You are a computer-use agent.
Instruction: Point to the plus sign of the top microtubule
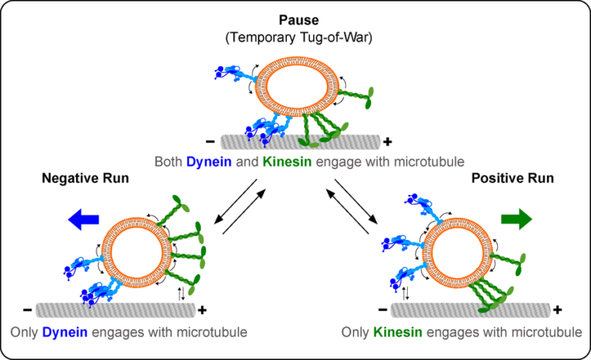coord(387,142)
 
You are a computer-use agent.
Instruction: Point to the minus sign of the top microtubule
coord(210,142)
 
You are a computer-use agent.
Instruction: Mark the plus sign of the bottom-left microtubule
coord(202,310)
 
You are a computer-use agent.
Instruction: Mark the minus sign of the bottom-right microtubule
coord(382,310)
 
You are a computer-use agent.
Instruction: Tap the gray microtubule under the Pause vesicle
coord(300,142)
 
